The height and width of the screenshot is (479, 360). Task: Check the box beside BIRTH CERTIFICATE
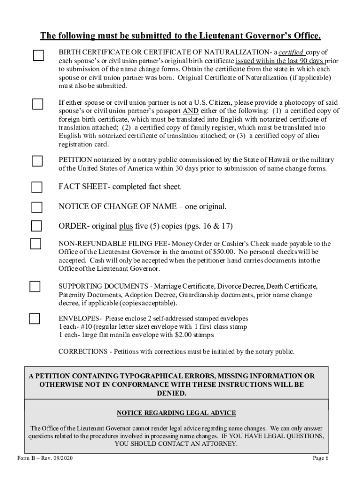click(x=38, y=56)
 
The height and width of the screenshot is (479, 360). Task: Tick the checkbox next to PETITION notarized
click(x=37, y=161)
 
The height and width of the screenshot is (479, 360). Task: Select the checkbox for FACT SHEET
click(x=36, y=188)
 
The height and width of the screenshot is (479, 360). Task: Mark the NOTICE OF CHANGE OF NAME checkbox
click(x=36, y=207)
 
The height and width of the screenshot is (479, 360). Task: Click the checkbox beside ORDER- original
click(x=36, y=226)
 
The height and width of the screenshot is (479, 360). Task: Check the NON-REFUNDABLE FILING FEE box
click(x=36, y=244)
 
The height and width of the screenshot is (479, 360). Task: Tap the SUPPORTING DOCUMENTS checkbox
click(x=35, y=286)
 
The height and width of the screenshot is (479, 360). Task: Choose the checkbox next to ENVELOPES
click(x=35, y=319)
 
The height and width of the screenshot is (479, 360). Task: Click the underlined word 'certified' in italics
click(x=292, y=52)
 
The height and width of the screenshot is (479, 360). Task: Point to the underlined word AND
click(x=190, y=111)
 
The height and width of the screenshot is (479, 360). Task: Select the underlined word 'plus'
click(x=126, y=226)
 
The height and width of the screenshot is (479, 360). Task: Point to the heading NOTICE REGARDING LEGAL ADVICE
click(x=176, y=413)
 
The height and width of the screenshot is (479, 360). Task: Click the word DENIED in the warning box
click(x=173, y=393)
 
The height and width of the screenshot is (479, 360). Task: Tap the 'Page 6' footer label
click(x=321, y=458)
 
